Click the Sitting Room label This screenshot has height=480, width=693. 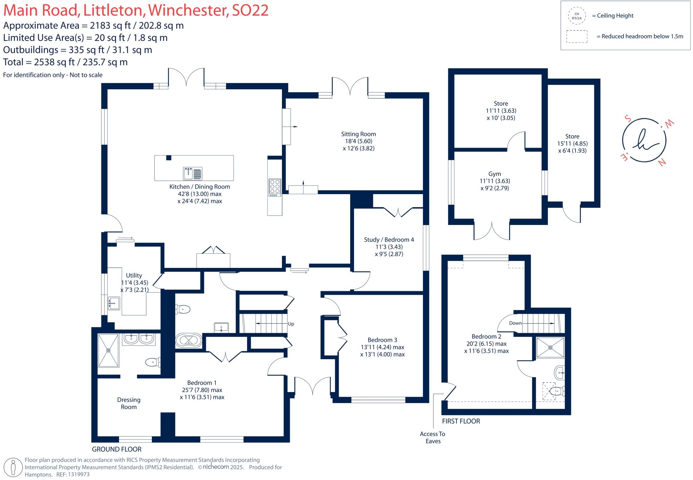pyautogui.click(x=358, y=134)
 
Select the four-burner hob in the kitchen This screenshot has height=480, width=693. pyautogui.click(x=274, y=187)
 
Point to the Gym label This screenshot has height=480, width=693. pyautogui.click(x=494, y=174)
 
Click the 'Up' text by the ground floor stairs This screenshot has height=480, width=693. pyautogui.click(x=291, y=324)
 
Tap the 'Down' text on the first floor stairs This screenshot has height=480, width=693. pyautogui.click(x=515, y=323)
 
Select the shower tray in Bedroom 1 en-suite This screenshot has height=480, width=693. pyautogui.click(x=108, y=350)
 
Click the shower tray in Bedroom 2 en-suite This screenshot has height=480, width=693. pyautogui.click(x=551, y=347)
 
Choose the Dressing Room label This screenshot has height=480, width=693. pyautogui.click(x=129, y=403)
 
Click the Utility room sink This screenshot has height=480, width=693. pyautogui.click(x=114, y=303)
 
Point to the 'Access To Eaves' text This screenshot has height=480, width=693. pyautogui.click(x=432, y=437)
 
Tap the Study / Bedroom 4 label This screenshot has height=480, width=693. pyautogui.click(x=389, y=239)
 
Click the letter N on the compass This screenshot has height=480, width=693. pyautogui.click(x=662, y=163)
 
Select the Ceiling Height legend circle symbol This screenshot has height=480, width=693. pyautogui.click(x=577, y=16)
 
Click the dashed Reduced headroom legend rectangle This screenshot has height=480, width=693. pyautogui.click(x=577, y=37)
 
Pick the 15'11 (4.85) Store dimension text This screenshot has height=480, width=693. pyautogui.click(x=572, y=143)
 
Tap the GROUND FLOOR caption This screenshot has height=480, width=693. pyautogui.click(x=117, y=449)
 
